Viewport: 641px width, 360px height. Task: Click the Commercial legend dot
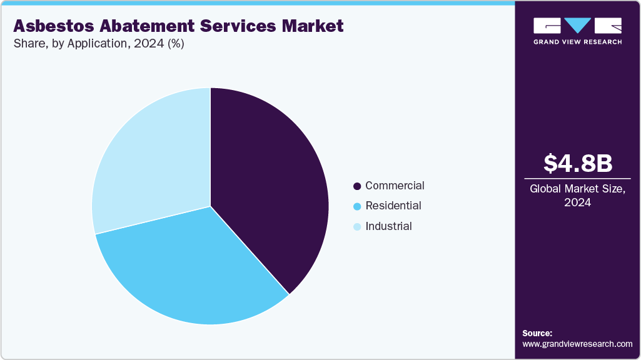pyautogui.click(x=357, y=186)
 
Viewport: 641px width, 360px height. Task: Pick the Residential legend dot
pyautogui.click(x=357, y=206)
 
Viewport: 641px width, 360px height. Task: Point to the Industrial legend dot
pyautogui.click(x=357, y=227)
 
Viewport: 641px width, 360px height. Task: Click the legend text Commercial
pyautogui.click(x=395, y=186)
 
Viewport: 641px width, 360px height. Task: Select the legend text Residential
pyautogui.click(x=393, y=206)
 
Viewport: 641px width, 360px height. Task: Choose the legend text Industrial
pyautogui.click(x=388, y=226)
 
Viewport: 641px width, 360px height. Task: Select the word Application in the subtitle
pyautogui.click(x=90, y=44)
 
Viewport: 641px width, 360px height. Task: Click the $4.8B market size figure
pyautogui.click(x=577, y=164)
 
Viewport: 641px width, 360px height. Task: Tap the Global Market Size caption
pyautogui.click(x=577, y=189)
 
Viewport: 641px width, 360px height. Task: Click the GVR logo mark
pyautogui.click(x=577, y=26)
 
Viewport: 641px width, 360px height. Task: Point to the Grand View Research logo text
pyautogui.click(x=577, y=42)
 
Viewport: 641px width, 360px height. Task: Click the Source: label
pyautogui.click(x=537, y=333)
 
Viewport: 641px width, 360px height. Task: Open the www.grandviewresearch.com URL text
pyautogui.click(x=577, y=344)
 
